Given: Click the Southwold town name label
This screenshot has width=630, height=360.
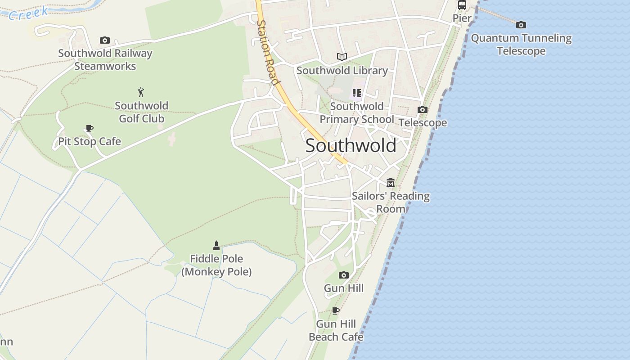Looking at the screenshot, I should [x=351, y=145].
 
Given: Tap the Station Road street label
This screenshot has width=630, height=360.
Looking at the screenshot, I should [x=268, y=52].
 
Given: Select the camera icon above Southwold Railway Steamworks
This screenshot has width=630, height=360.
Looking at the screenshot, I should [x=105, y=40].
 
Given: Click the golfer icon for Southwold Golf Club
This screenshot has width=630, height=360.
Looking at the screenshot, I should [x=141, y=93].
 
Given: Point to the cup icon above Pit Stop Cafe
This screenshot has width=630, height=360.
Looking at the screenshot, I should [x=89, y=129].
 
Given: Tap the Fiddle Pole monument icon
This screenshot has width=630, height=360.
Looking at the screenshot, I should [x=216, y=246].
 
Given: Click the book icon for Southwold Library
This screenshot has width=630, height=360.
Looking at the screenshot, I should [x=342, y=57].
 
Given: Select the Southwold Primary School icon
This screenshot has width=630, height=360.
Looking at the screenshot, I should [x=356, y=93].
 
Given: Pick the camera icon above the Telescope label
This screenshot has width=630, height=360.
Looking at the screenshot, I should [x=422, y=109].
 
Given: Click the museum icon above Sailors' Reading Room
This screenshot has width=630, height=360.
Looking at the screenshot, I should [x=390, y=183].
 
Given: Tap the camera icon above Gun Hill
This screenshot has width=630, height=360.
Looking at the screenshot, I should [x=343, y=275].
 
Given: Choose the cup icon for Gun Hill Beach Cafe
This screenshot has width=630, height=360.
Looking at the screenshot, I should [x=335, y=310].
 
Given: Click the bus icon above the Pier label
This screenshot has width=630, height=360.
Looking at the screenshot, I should [x=462, y=5].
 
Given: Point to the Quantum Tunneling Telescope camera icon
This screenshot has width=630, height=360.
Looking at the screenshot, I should [x=521, y=25].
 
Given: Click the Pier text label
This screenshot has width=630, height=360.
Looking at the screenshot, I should [x=462, y=18].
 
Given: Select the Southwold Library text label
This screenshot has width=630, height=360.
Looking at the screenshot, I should [x=342, y=71].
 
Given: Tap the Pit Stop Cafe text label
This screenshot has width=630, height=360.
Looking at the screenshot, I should [x=90, y=141].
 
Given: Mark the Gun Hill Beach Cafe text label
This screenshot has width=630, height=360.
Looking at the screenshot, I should [x=336, y=330].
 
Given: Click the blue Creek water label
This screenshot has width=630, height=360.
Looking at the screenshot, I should [x=28, y=13].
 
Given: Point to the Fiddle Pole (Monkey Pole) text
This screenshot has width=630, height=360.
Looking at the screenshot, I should [x=216, y=265].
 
